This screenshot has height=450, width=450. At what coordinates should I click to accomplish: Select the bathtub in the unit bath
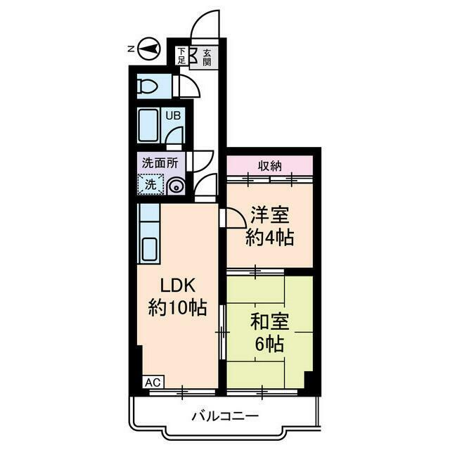[148, 126]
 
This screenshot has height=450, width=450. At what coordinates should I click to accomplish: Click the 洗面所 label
[160, 162]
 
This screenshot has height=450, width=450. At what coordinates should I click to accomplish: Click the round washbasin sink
[176, 186]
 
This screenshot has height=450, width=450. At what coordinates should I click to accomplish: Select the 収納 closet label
[269, 166]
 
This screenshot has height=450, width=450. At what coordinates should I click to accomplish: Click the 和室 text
[269, 323]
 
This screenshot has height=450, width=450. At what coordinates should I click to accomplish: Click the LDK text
[177, 286]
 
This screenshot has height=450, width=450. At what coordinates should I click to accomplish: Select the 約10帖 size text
[177, 307]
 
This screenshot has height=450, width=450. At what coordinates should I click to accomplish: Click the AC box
[153, 382]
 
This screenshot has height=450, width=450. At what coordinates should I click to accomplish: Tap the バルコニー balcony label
[225, 416]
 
